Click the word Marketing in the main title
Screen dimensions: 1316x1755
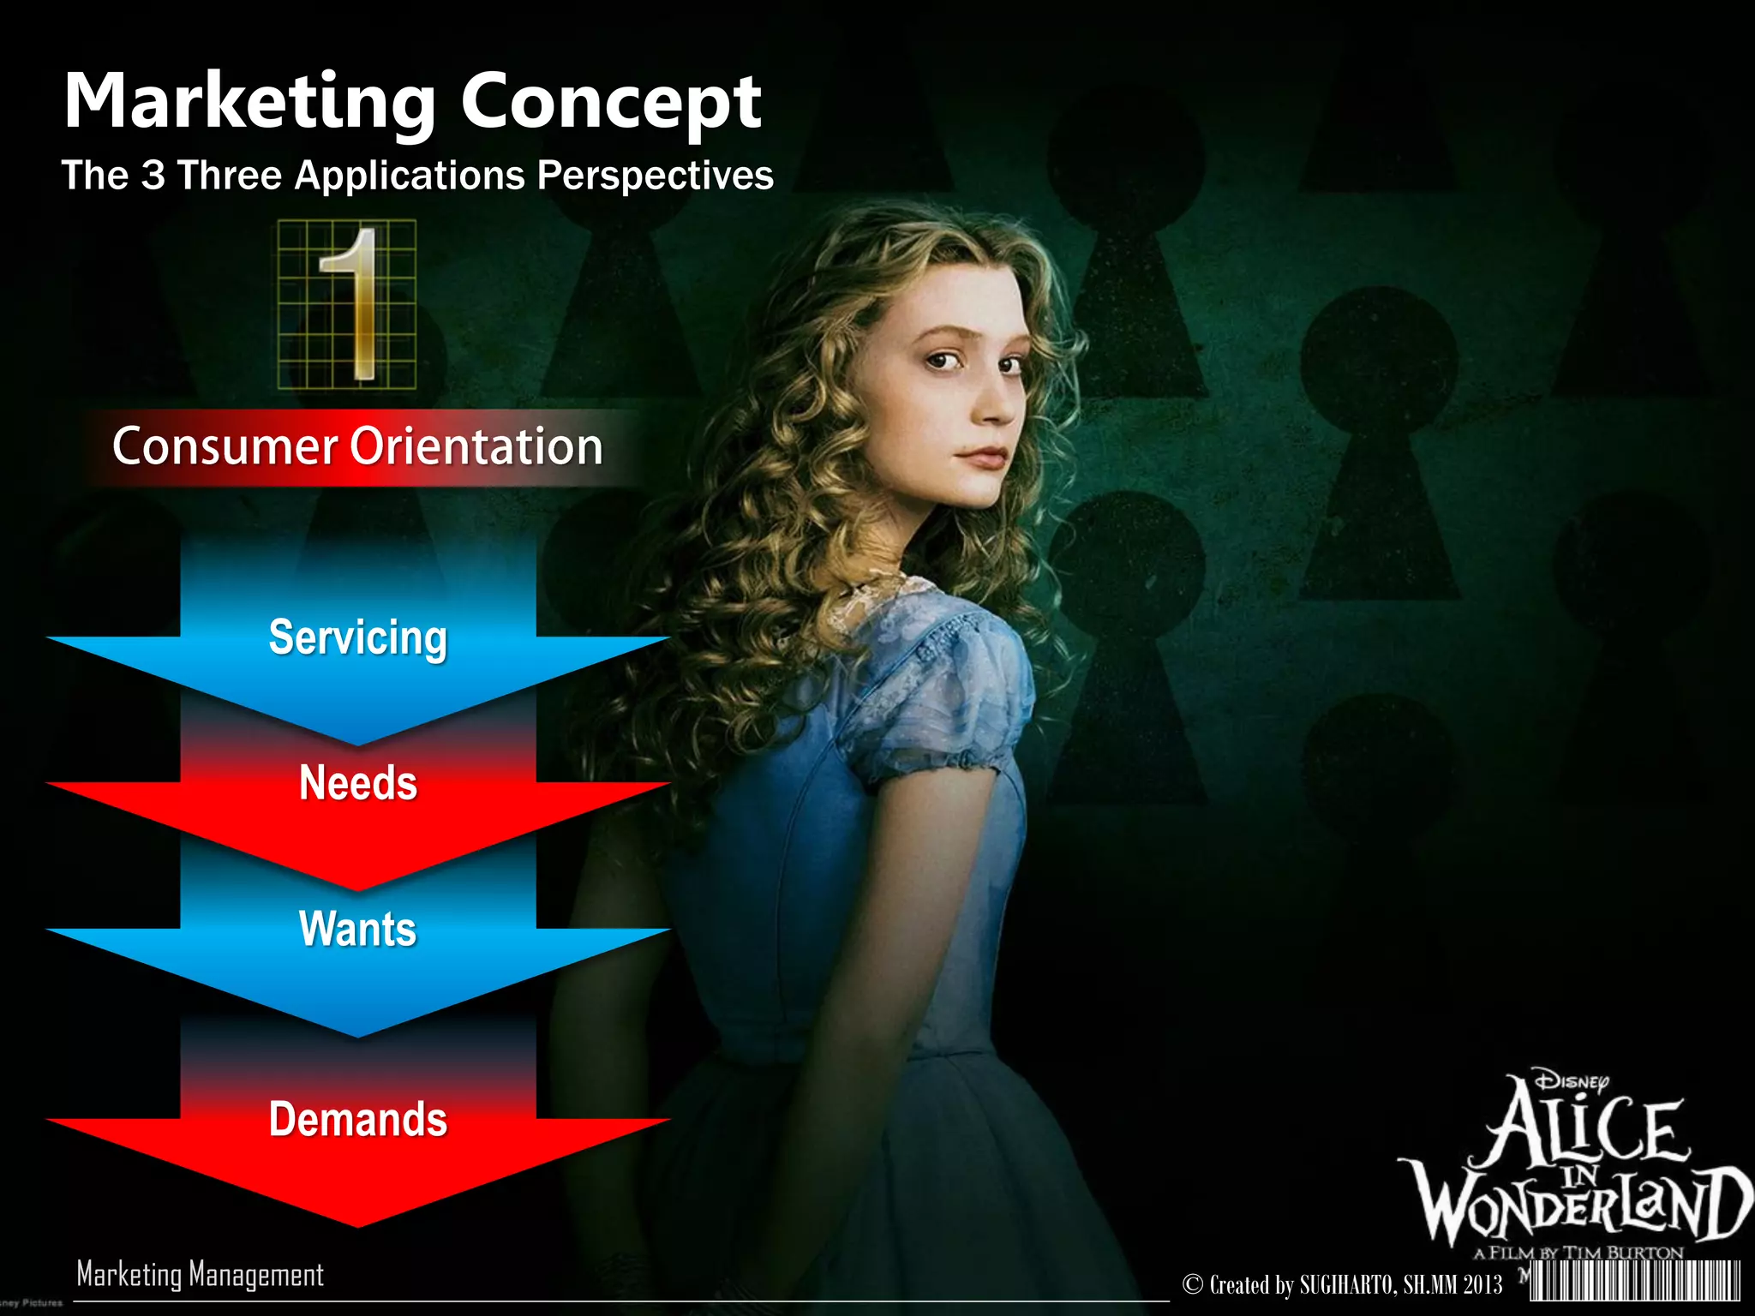[x=249, y=103]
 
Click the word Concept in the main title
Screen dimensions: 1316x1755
[x=611, y=103]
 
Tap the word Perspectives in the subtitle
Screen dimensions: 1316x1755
[x=655, y=176]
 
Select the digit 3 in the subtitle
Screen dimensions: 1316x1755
[x=153, y=175]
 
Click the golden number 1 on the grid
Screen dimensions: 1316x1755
[x=351, y=304]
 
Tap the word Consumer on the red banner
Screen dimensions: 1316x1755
[x=225, y=446]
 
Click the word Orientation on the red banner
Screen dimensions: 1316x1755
[x=476, y=446]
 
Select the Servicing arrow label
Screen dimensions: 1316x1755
[x=358, y=637]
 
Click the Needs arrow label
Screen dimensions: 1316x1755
[x=358, y=783]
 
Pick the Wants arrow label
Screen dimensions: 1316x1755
[x=358, y=929]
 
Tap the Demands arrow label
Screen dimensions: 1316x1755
[x=358, y=1119]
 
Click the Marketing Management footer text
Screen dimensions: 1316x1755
[x=201, y=1274]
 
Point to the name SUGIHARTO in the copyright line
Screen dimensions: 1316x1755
[x=1347, y=1285]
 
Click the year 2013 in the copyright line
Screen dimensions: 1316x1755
[x=1482, y=1285]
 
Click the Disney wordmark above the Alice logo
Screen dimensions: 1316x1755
[x=1571, y=1080]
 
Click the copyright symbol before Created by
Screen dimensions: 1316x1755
[x=1193, y=1284]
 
